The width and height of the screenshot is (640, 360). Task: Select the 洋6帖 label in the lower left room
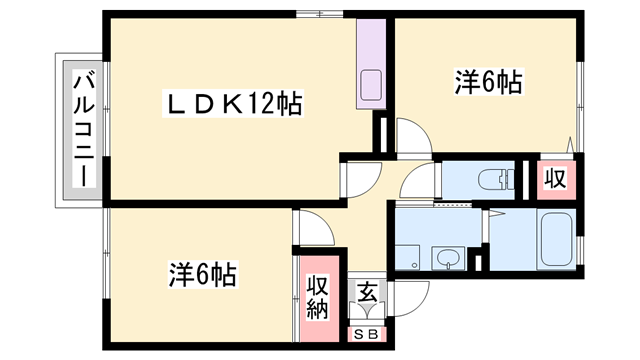(202, 273)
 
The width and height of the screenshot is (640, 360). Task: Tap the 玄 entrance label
(367, 293)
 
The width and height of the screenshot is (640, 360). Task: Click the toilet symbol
(492, 181)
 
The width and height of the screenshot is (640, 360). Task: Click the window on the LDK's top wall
(320, 14)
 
